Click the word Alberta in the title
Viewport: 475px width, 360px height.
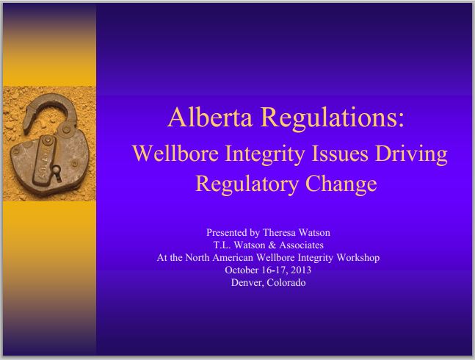tap(210, 118)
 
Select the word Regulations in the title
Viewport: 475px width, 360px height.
tap(330, 118)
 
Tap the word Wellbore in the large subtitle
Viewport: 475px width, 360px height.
tap(175, 154)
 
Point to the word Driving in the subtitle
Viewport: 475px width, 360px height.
tap(411, 154)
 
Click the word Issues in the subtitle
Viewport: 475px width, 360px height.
tap(340, 154)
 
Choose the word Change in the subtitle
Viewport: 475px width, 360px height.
tap(341, 184)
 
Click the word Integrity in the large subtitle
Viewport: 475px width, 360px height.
tap(264, 154)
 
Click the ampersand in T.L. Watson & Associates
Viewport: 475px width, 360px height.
tap(272, 245)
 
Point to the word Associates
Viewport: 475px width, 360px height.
tap(301, 245)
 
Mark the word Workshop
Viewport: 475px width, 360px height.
tap(358, 258)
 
